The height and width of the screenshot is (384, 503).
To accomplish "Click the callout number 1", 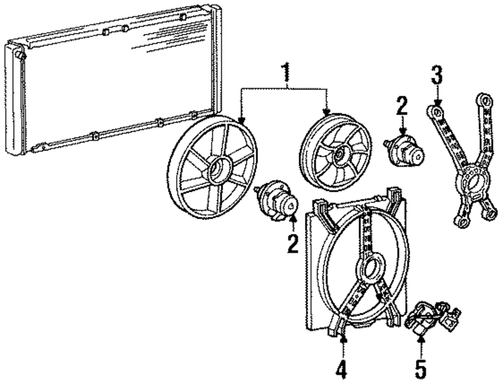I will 286,74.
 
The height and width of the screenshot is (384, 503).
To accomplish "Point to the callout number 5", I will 421,369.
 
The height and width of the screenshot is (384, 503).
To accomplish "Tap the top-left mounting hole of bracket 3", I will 437,109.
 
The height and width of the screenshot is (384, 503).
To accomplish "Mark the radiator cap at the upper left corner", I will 19,52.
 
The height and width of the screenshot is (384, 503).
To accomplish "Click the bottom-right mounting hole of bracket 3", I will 486,214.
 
